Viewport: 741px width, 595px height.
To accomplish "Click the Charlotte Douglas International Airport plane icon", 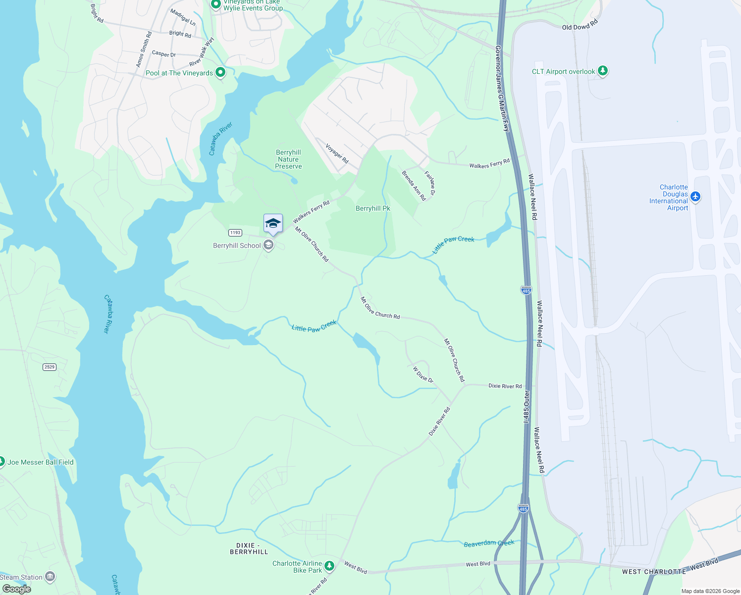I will pos(695,197).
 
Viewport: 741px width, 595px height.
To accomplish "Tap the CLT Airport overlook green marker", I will pos(602,71).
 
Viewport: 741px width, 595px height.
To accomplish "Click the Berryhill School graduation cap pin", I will pos(273,224).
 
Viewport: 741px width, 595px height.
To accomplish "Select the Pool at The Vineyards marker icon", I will pos(220,72).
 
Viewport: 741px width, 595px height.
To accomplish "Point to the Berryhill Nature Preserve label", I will pos(288,159).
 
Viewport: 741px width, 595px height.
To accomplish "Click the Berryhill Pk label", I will pos(373,208).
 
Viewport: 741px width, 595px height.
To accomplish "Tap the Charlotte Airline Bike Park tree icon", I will pos(329,566).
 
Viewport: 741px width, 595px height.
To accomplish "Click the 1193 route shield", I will pos(235,233).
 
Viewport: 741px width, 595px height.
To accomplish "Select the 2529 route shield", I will pos(50,367).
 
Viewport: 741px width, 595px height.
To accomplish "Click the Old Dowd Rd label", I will pos(580,25).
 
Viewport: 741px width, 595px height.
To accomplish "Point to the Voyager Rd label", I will pos(337,153).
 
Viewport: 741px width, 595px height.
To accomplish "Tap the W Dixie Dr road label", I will pos(423,374).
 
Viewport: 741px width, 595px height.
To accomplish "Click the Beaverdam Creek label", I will pos(489,543).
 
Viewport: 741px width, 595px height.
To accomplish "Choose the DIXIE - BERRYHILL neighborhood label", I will pos(249,548).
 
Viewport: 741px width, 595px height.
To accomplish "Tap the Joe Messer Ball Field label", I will pos(41,462).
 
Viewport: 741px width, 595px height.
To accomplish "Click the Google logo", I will pos(16,589).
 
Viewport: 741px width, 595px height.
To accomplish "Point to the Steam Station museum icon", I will pos(50,577).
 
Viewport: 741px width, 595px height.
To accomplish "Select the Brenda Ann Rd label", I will pos(414,185).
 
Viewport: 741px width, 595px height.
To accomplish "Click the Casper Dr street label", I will pos(164,54).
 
